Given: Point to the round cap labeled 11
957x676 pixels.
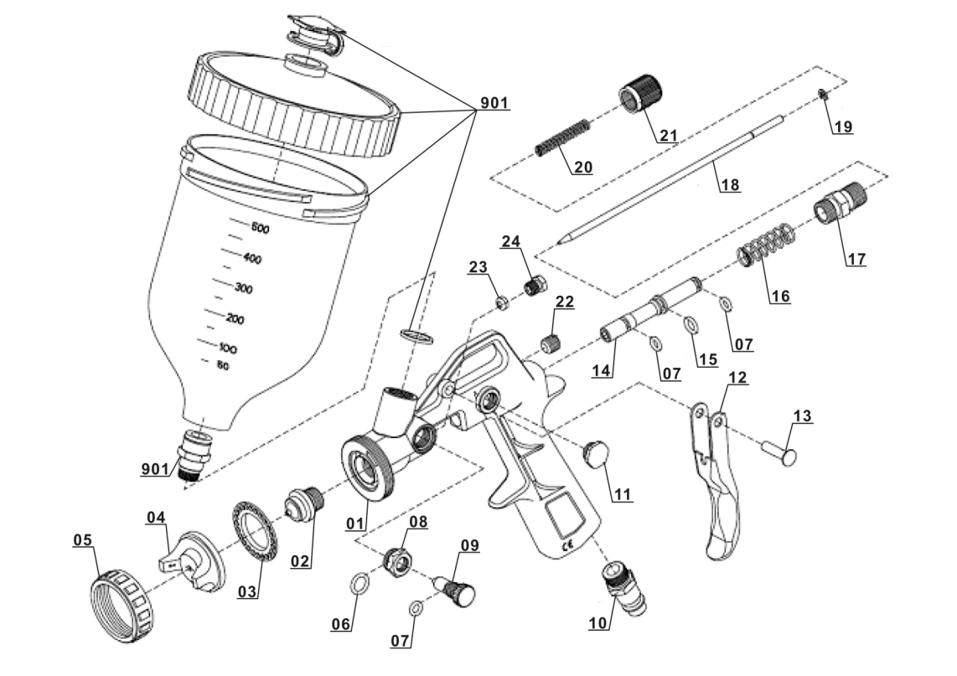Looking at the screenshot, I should click(x=595, y=455).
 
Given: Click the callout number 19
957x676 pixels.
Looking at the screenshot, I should click(x=842, y=127).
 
